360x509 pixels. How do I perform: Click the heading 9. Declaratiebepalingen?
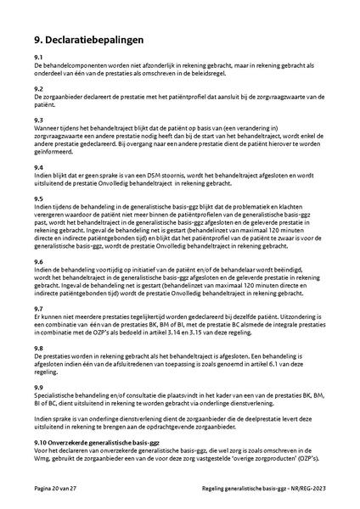point(88,39)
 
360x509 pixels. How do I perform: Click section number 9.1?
point(39,57)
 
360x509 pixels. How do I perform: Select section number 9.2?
point(39,88)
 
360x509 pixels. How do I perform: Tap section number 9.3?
point(39,120)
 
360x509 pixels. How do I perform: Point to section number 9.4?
point(39,167)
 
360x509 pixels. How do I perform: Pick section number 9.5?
point(39,199)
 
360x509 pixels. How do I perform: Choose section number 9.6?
point(39,261)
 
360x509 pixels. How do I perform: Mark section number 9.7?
point(39,308)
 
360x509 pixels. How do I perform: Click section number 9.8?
point(39,348)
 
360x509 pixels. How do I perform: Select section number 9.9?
point(39,387)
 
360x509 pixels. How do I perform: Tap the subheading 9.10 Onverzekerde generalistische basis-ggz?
point(98,443)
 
